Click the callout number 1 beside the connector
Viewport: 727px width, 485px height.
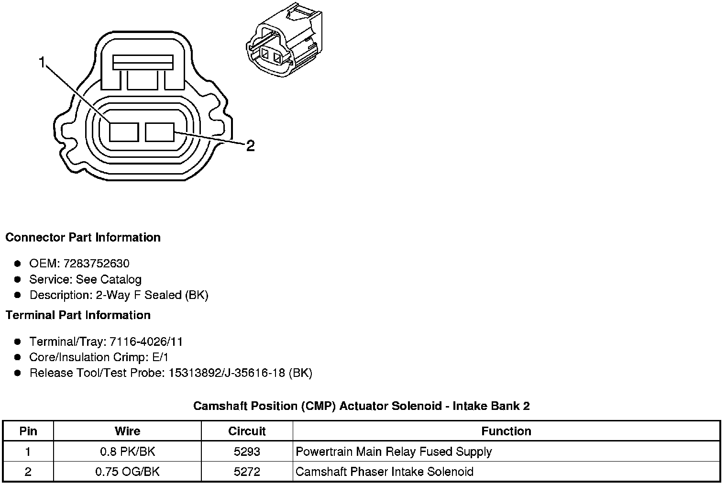[42, 63]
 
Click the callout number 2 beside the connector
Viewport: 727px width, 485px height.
[250, 146]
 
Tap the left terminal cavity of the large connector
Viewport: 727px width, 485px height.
[124, 132]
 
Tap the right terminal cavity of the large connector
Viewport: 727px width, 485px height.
[160, 132]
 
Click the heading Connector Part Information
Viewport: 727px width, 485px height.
[83, 238]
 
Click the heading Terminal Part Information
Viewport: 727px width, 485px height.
[78, 315]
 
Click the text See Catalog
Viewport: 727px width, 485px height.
[109, 279]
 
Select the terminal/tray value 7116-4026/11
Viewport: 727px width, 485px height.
[146, 342]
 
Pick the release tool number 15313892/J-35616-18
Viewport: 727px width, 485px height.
[227, 373]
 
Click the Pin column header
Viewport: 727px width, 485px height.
[28, 431]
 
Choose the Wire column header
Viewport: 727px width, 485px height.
[127, 431]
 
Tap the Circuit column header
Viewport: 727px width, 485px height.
[247, 431]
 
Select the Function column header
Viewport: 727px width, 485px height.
[506, 431]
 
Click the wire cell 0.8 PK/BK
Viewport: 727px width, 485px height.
[127, 452]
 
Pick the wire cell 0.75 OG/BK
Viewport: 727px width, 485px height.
[127, 472]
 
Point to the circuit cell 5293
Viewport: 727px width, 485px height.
[247, 452]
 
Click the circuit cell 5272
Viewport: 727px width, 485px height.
[247, 472]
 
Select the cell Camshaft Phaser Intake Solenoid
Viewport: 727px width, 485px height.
[385, 472]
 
